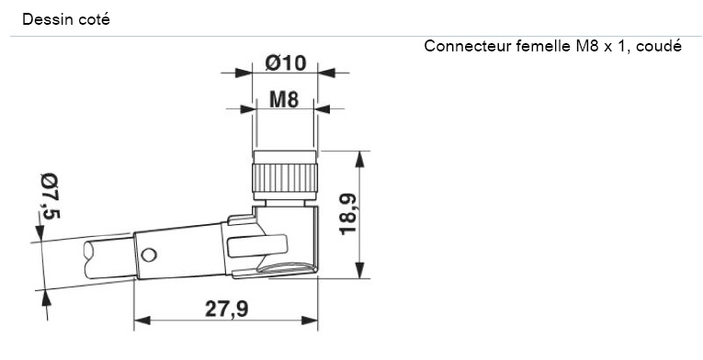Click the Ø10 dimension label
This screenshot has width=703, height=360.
click(285, 63)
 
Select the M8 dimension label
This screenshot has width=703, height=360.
click(284, 100)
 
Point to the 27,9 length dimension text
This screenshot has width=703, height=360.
click(225, 309)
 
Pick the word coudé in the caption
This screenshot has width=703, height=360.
click(659, 46)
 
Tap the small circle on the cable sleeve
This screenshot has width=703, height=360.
click(149, 253)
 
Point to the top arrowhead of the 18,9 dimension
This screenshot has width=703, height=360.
click(359, 157)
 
